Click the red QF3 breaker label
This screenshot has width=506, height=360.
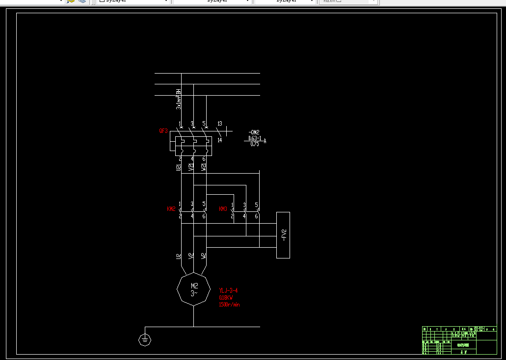(x=163, y=131)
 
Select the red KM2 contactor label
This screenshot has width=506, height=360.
(x=171, y=209)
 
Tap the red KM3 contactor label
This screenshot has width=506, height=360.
(x=223, y=209)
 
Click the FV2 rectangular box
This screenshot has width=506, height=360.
(x=283, y=235)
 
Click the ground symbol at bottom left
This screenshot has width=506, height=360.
(x=144, y=339)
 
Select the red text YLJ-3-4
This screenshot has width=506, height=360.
(x=229, y=291)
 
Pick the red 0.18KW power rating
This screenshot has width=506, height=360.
(x=226, y=298)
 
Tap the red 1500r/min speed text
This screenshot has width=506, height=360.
(x=229, y=305)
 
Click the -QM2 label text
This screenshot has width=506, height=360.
(x=254, y=132)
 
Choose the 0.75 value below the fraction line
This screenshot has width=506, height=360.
(x=254, y=144)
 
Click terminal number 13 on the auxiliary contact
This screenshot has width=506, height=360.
(x=219, y=124)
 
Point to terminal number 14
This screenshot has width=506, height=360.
(x=219, y=140)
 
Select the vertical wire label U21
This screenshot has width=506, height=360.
(x=178, y=167)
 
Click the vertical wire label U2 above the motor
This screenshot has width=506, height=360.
(x=178, y=256)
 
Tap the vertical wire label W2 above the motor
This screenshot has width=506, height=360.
(x=204, y=256)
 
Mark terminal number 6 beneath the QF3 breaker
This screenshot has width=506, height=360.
(x=204, y=159)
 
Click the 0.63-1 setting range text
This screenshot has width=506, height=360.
(x=254, y=138)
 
